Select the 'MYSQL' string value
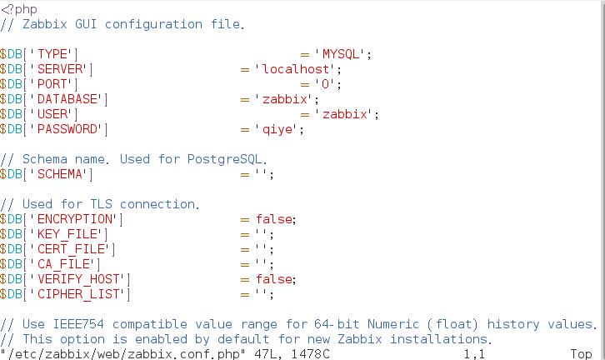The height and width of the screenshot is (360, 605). click(x=340, y=54)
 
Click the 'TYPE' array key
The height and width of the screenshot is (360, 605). click(x=54, y=54)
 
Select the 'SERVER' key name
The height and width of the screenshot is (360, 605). click(x=62, y=69)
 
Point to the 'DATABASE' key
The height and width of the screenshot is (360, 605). click(x=69, y=99)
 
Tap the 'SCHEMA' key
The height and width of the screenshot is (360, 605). click(x=62, y=174)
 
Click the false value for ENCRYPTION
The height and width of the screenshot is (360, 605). click(x=274, y=219)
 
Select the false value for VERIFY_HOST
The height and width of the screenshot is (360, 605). click(x=274, y=279)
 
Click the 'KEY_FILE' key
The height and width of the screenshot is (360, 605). click(x=69, y=234)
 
